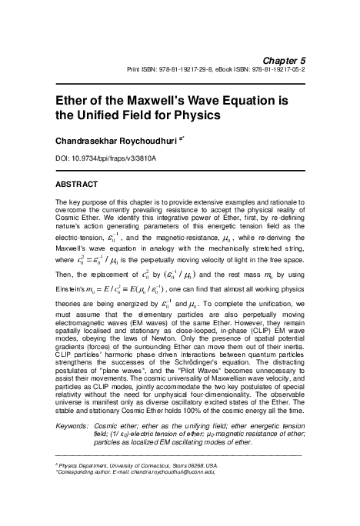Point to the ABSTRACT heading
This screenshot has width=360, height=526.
(78, 185)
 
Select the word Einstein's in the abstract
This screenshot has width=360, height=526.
(74, 286)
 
